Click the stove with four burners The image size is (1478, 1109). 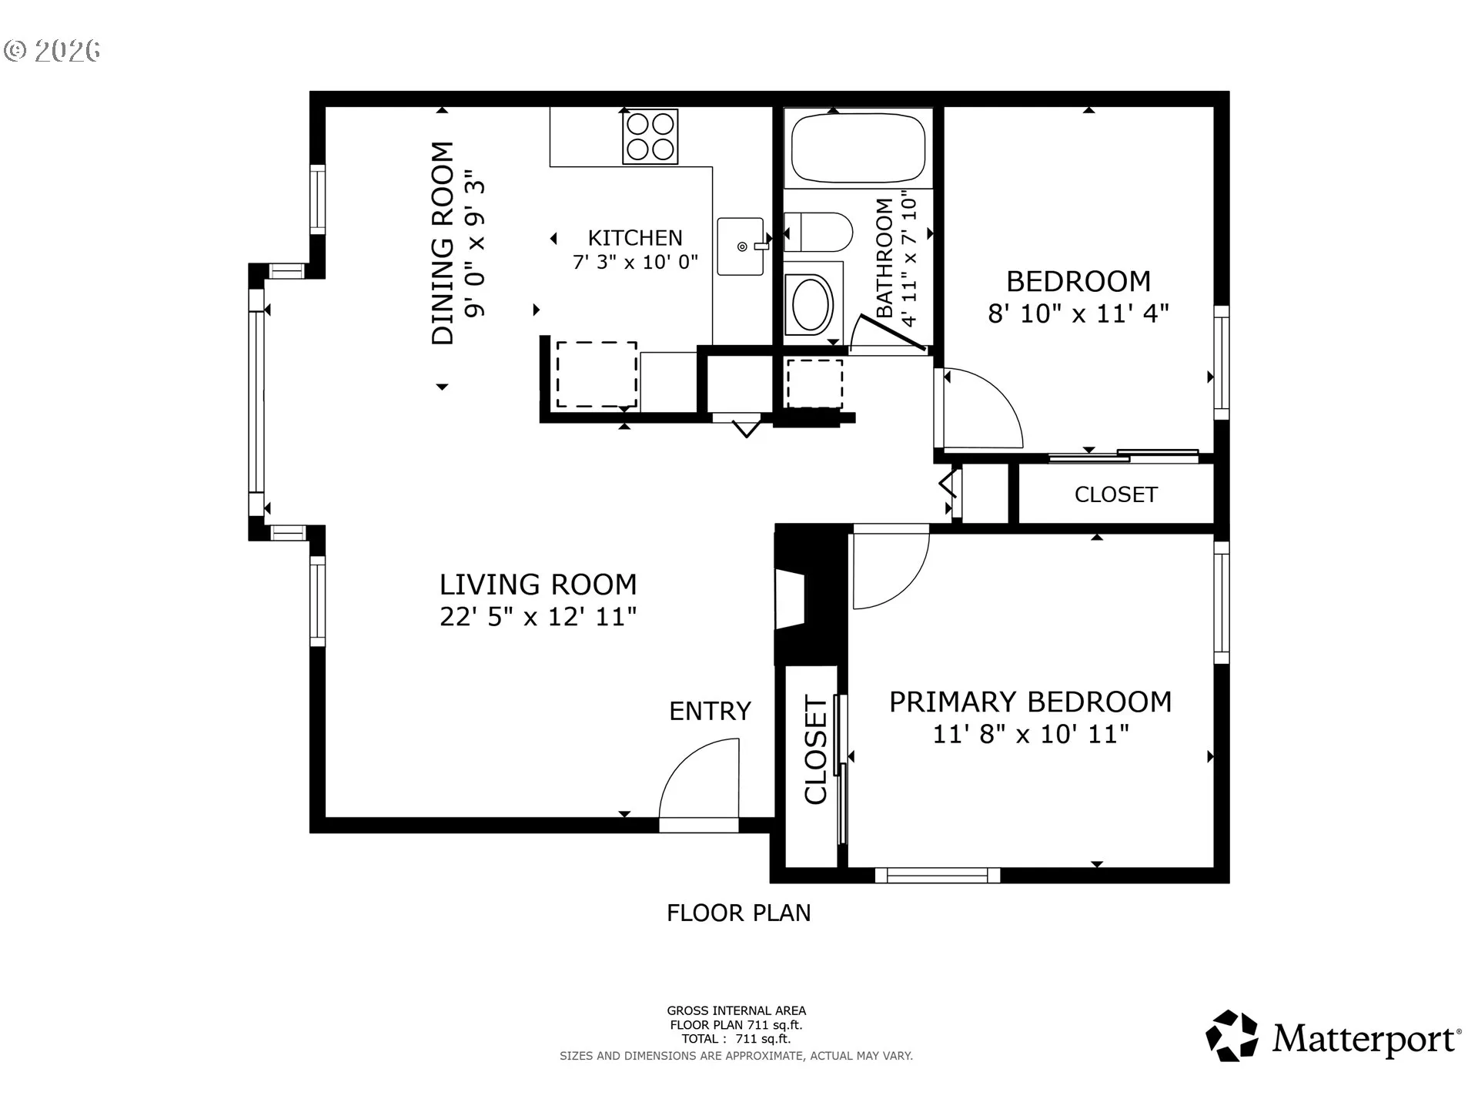pyautogui.click(x=650, y=136)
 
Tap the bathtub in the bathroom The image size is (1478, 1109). pyautogui.click(x=858, y=149)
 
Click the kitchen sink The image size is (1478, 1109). pyautogui.click(x=742, y=246)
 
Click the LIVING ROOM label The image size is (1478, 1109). pyautogui.click(x=538, y=585)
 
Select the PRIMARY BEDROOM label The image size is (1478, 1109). pyautogui.click(x=1030, y=702)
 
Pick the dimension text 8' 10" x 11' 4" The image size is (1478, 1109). pyautogui.click(x=1078, y=313)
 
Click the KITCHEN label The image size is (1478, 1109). pyautogui.click(x=635, y=238)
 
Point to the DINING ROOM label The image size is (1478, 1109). pyautogui.click(x=443, y=243)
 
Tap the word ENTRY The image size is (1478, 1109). pyautogui.click(x=710, y=711)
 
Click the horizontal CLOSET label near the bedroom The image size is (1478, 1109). pyautogui.click(x=1115, y=494)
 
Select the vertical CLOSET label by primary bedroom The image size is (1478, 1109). pyautogui.click(x=815, y=750)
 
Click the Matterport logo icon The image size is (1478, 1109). pyautogui.click(x=1232, y=1036)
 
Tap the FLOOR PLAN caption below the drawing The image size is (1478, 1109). pyautogui.click(x=738, y=913)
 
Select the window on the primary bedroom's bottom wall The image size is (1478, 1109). pyautogui.click(x=937, y=875)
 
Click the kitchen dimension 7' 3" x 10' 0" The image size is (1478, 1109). pyautogui.click(x=635, y=262)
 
